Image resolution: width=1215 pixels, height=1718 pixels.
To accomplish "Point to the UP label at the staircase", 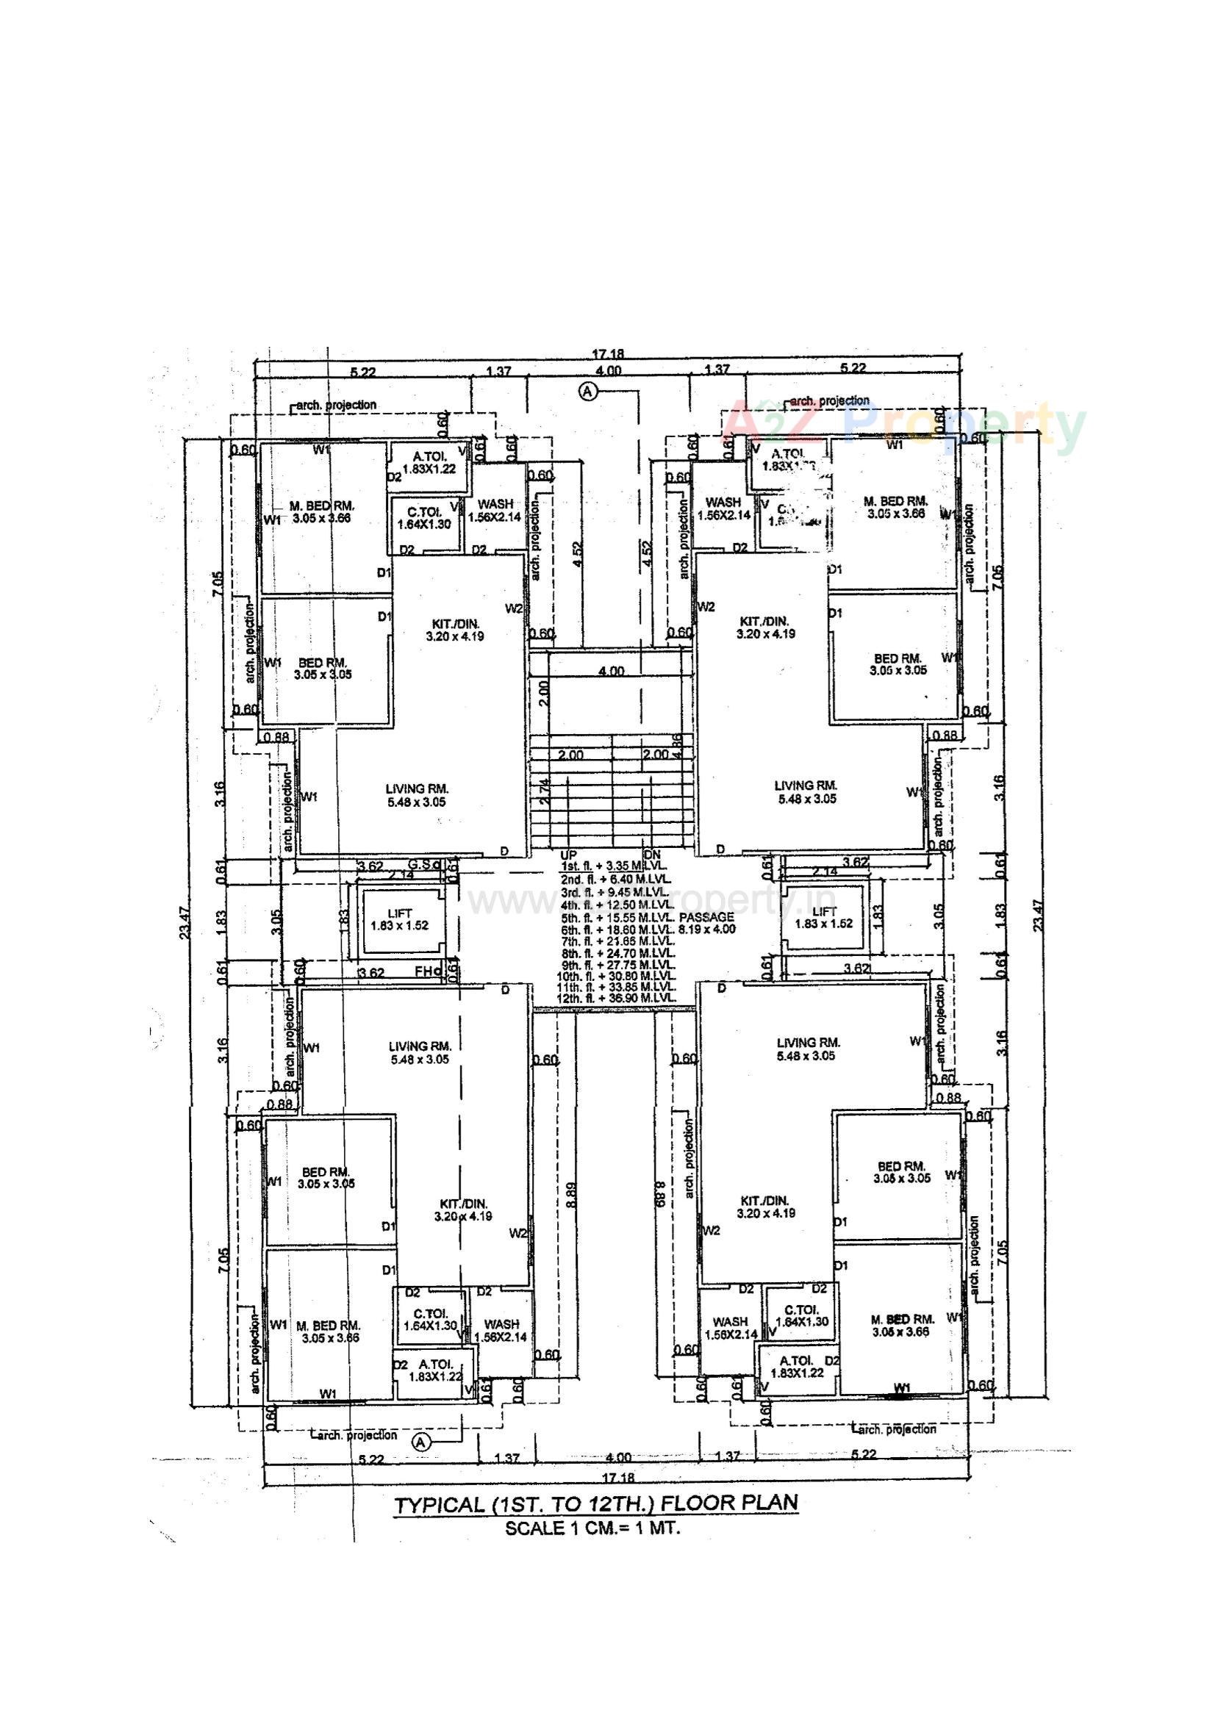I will (568, 854).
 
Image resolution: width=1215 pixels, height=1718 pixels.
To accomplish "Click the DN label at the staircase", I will (652, 854).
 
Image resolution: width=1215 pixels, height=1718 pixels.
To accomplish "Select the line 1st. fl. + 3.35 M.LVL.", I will (614, 866).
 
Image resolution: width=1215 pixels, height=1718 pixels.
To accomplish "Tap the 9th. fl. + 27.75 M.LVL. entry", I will (617, 966).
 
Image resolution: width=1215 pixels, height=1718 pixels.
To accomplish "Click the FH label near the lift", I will (423, 972).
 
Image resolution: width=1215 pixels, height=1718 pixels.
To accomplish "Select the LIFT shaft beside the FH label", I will (400, 919).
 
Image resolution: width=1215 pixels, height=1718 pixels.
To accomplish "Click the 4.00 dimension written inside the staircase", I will (611, 671).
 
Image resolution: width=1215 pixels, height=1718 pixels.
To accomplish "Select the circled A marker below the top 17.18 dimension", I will (589, 391).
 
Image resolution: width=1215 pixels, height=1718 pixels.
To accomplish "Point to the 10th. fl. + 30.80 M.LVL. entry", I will (616, 977).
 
